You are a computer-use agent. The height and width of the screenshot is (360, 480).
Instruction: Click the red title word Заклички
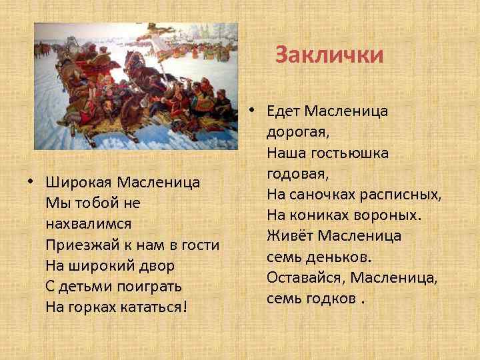pyautogui.click(x=330, y=55)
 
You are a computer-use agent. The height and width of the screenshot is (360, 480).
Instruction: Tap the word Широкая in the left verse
pyautogui.click(x=79, y=182)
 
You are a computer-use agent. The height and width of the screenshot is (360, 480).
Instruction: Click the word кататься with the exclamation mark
pyautogui.click(x=153, y=308)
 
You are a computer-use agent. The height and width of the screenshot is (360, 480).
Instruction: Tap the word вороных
pyautogui.click(x=385, y=215)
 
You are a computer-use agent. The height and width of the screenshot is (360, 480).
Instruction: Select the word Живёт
pyautogui.click(x=290, y=236)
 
